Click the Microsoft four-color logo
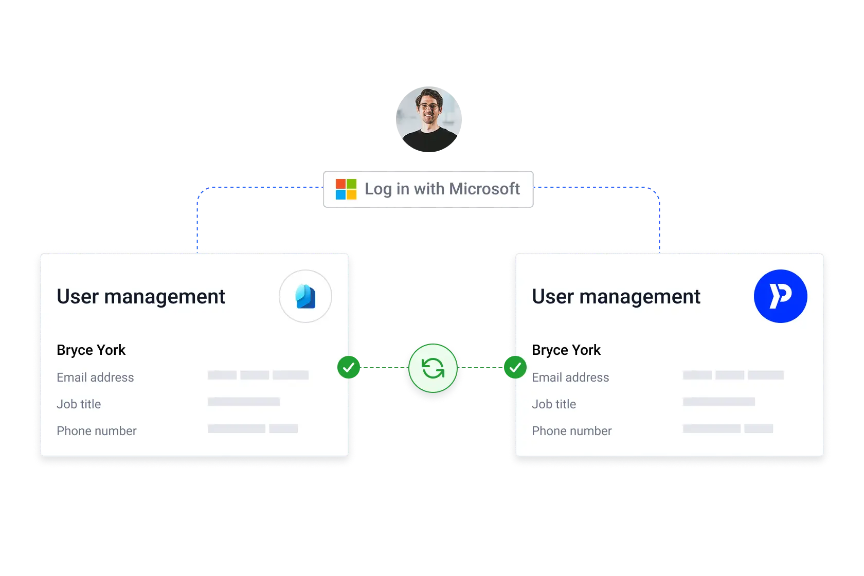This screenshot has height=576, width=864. [346, 189]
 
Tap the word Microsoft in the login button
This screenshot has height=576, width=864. [484, 189]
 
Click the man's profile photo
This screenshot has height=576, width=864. [429, 119]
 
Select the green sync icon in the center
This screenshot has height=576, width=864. [433, 368]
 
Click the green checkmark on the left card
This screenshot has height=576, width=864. [349, 367]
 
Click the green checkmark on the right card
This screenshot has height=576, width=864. [515, 367]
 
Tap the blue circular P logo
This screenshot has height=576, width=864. [780, 296]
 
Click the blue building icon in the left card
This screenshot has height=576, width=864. [305, 296]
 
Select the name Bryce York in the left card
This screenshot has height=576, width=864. [91, 350]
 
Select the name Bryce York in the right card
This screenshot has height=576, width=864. [566, 350]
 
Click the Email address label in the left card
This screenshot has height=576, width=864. [95, 377]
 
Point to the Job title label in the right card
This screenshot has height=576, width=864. [554, 404]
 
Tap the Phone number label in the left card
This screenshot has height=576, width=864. [97, 431]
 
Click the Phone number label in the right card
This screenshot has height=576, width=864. [572, 431]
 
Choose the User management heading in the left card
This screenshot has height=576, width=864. [141, 297]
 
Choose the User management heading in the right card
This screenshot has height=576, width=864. [616, 297]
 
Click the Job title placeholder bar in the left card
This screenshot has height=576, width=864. [244, 402]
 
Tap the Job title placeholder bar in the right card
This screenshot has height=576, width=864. [719, 402]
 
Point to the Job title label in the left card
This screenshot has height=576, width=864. [79, 404]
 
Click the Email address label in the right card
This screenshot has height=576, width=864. [570, 377]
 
